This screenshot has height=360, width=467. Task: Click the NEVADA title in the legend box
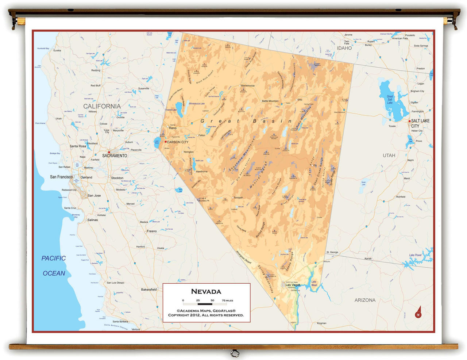tap(206, 291)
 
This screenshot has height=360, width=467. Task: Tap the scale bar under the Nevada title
tap(205, 304)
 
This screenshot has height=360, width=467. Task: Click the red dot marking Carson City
tap(166, 142)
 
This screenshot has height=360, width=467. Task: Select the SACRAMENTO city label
tap(115, 156)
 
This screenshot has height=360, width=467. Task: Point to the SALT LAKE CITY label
tap(420, 123)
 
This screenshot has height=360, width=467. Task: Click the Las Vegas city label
tap(293, 285)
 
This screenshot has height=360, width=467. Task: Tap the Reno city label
tap(173, 128)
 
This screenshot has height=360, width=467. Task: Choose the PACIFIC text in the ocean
tap(54, 258)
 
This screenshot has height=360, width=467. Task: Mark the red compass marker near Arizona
tap(418, 313)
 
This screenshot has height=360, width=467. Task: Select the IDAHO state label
tap(344, 48)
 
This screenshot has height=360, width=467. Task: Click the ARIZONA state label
tap(365, 300)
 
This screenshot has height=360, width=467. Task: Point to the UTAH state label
tap(389, 156)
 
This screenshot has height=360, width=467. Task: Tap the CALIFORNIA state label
tap(102, 106)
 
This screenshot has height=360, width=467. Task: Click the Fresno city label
tap(152, 231)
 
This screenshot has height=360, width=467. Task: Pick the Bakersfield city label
tap(149, 290)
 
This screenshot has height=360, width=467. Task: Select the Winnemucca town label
tap(248, 86)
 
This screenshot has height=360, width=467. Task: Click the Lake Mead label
tap(314, 283)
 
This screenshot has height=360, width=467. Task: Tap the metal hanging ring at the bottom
tap(235, 353)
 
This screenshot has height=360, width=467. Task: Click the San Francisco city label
tap(61, 177)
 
